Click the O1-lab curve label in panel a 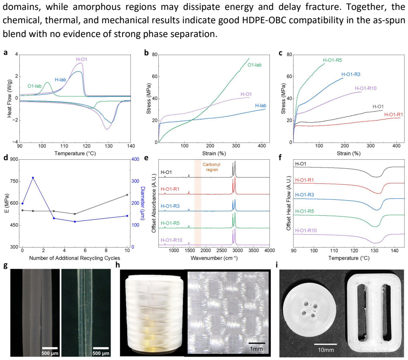pos(34,86)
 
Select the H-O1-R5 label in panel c pos(332,60)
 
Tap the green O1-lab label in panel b pos(254,65)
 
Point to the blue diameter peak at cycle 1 pos(33,177)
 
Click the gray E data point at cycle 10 pos(127,195)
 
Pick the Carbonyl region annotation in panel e pos(212,167)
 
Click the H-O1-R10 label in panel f pos(306,230)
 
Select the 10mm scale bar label pos(326,350)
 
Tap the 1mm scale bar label pos(257,348)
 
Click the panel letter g pos(5,265)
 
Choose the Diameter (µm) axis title pos(143,203)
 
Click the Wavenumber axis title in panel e pos(214,258)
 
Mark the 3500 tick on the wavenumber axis pos(253,251)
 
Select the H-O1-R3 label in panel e pos(170,206)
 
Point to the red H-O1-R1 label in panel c pos(393,115)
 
